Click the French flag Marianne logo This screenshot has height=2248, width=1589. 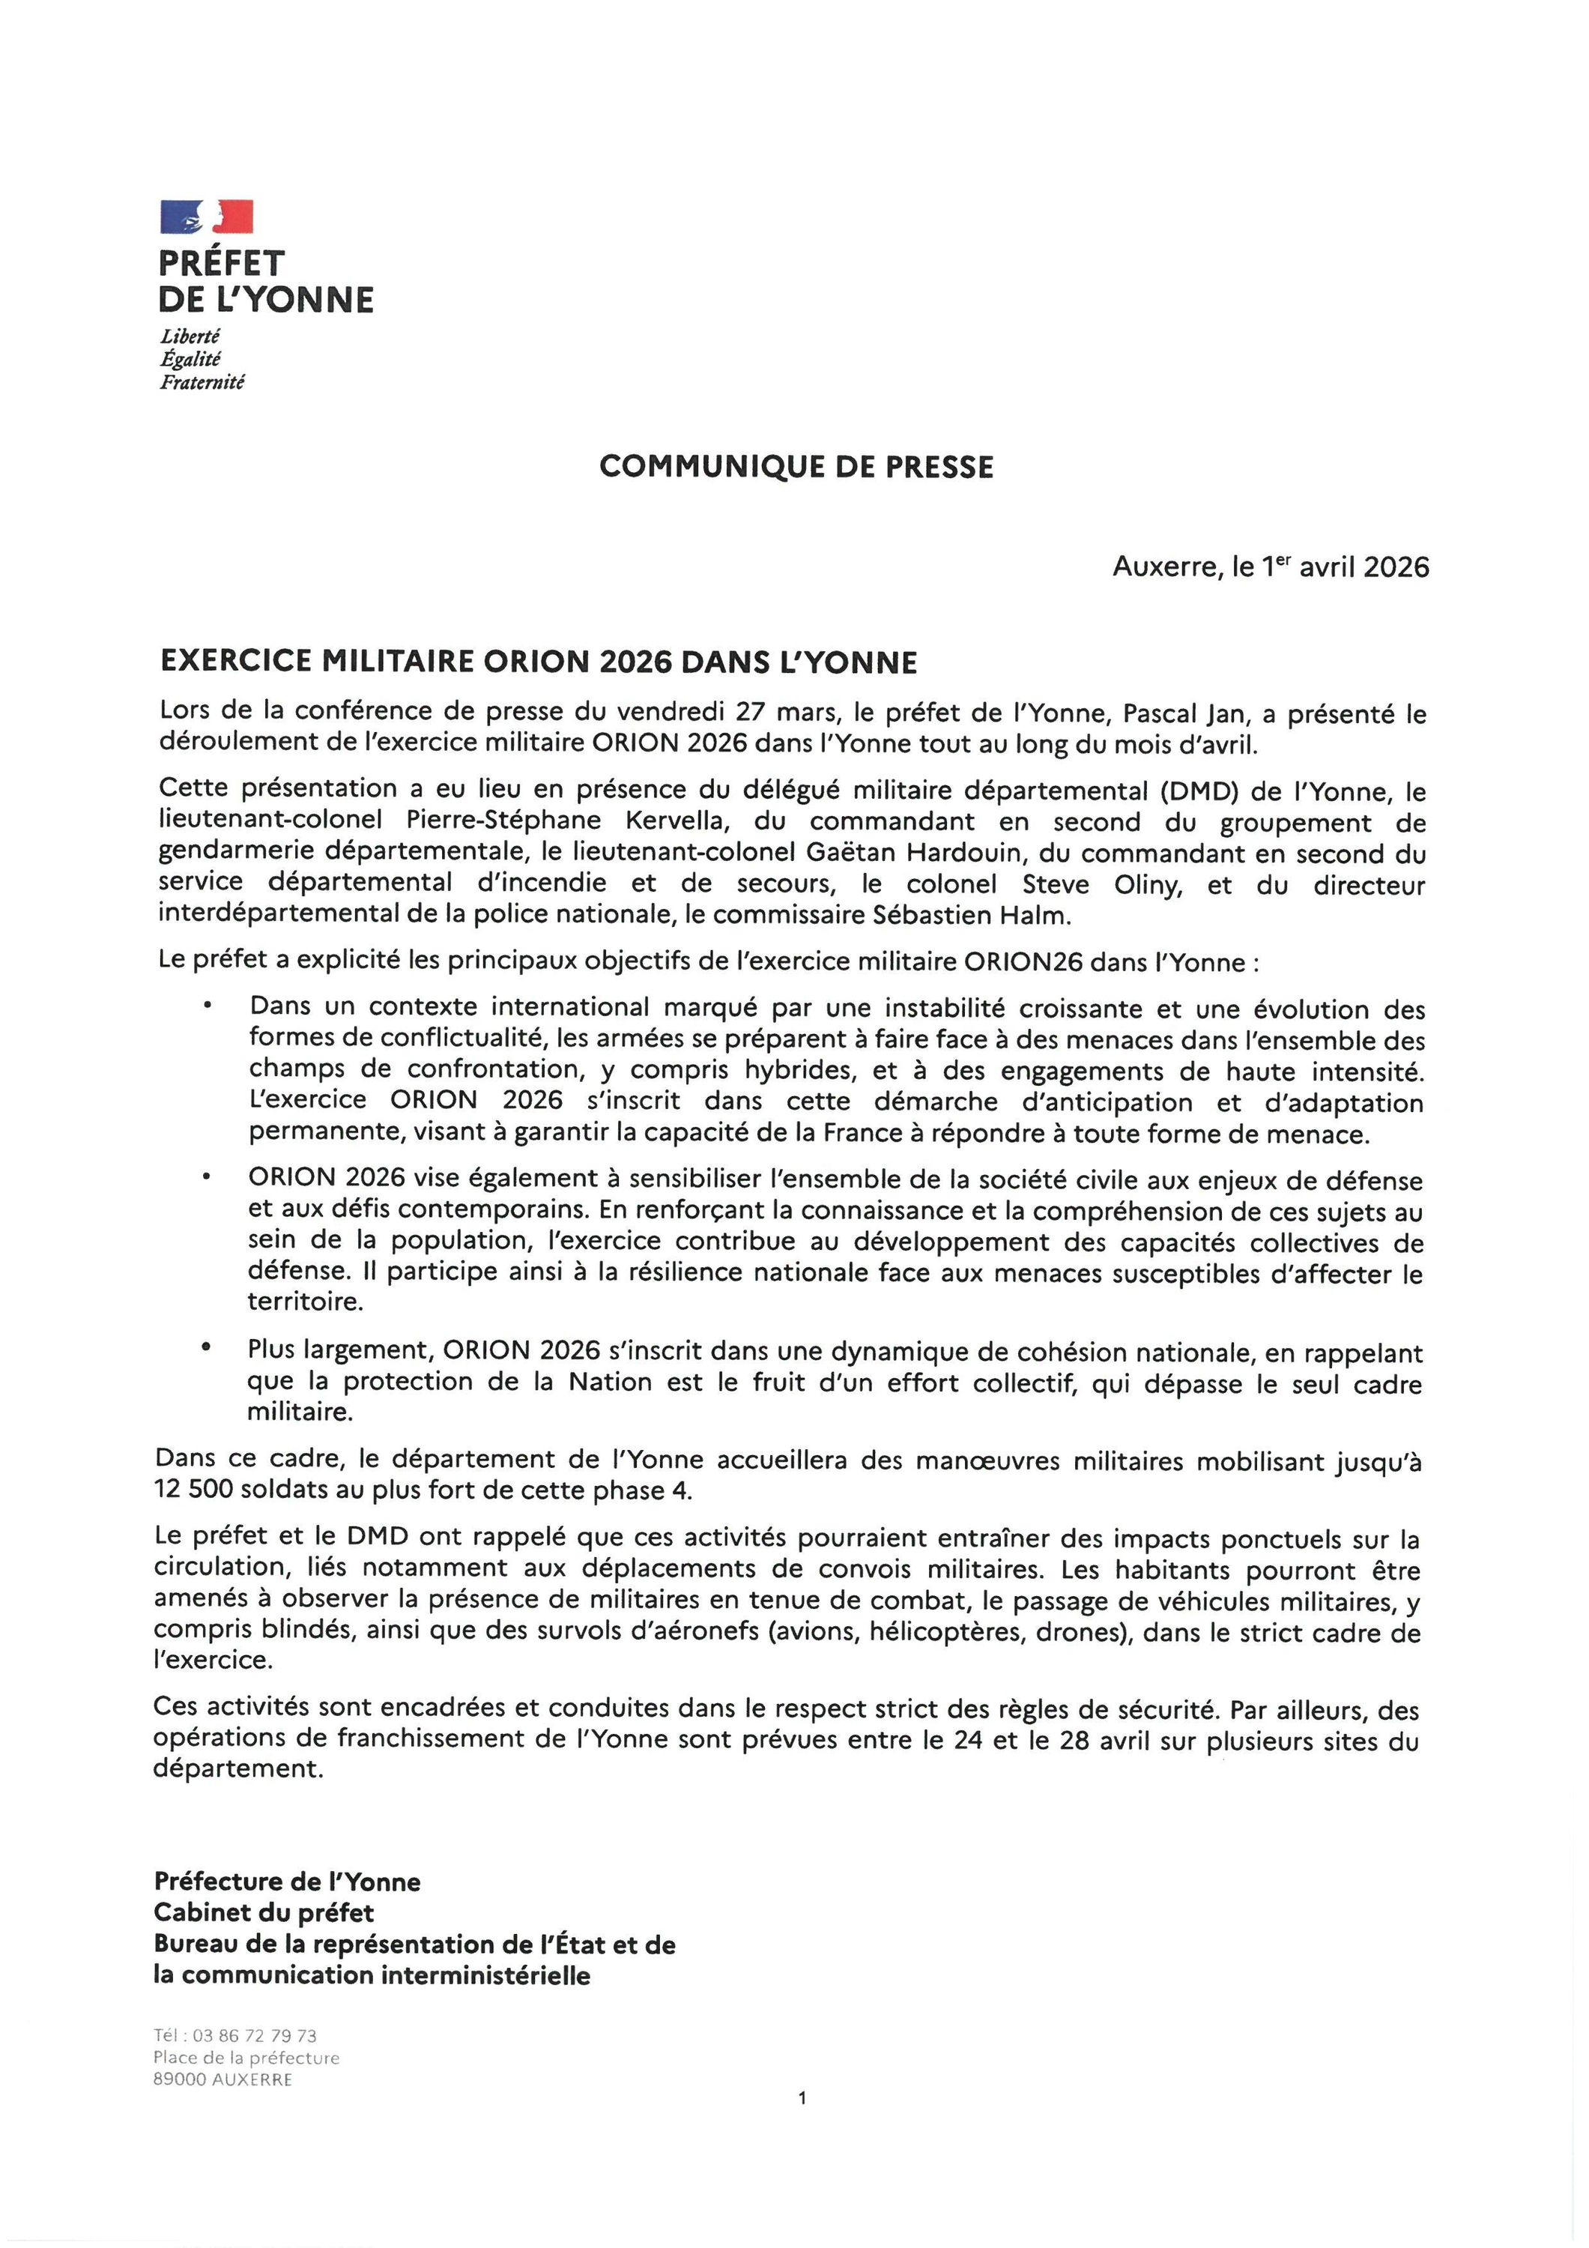pos(207,217)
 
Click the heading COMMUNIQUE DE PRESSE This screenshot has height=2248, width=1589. pos(796,467)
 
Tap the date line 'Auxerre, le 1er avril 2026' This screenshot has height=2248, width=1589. pos(1270,567)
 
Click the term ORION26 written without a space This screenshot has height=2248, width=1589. pos(1023,961)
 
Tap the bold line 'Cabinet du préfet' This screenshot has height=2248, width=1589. pos(264,1912)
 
